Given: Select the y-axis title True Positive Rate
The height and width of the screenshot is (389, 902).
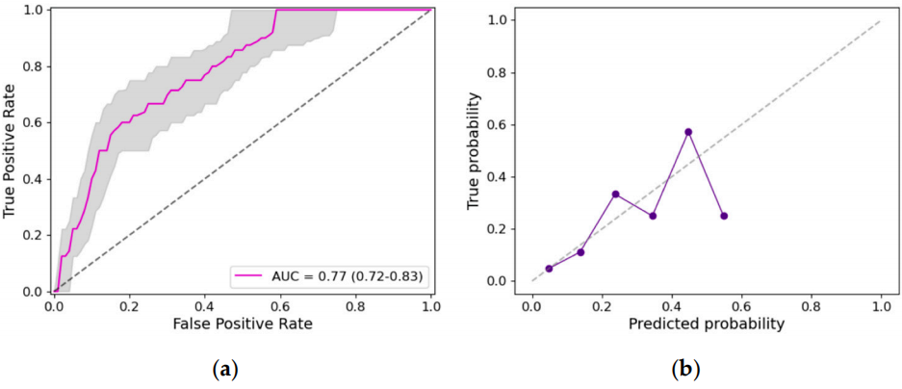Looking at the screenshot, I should point(13,150).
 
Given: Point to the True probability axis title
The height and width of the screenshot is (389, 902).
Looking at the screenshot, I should point(475,150).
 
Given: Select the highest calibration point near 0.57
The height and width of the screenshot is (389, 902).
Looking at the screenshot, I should point(688,132).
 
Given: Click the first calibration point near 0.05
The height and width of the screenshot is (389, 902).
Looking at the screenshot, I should point(549,269).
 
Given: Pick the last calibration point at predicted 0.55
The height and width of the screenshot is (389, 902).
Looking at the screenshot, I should point(723,216).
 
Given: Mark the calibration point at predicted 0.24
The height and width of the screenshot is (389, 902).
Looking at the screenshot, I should point(615,194).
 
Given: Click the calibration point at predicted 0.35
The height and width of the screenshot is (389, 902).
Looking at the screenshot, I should point(653,216).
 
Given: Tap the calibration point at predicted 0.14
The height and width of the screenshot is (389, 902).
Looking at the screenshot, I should point(580,252).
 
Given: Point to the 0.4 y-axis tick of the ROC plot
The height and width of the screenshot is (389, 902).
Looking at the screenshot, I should point(34,179).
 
